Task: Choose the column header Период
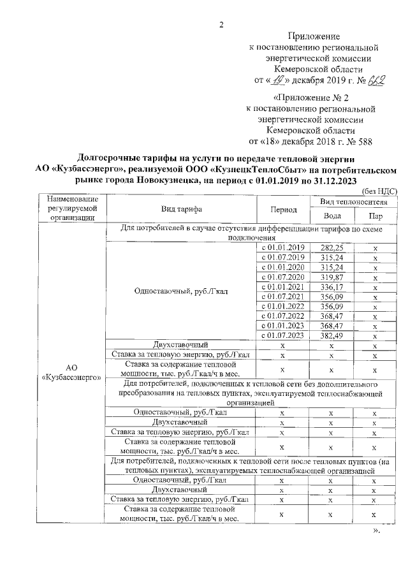click(283, 209)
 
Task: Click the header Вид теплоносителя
click(353, 201)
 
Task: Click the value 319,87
click(331, 277)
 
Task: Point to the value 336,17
click(331, 288)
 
